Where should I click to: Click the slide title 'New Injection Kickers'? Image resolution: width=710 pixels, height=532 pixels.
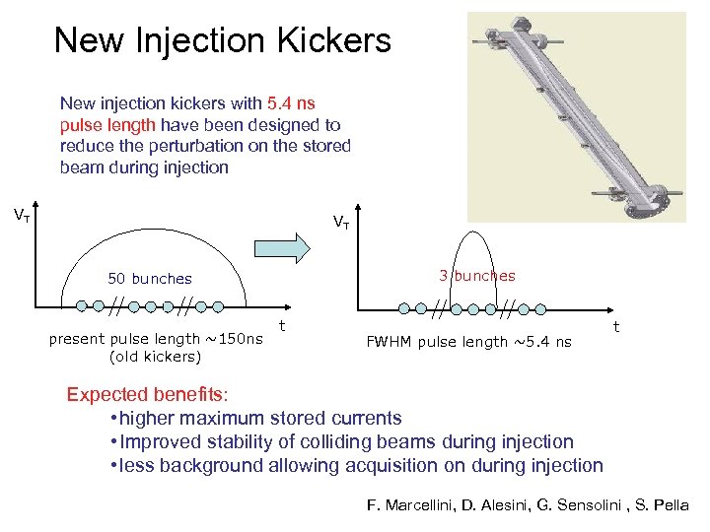click(x=222, y=40)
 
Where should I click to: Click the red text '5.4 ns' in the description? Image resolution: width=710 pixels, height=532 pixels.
click(x=291, y=102)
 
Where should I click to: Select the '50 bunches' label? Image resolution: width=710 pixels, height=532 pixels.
click(x=150, y=279)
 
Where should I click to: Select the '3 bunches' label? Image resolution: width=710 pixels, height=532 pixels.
click(x=477, y=276)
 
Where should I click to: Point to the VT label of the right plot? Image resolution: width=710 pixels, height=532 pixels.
click(x=340, y=222)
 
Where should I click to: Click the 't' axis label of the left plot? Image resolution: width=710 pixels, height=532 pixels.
click(x=282, y=324)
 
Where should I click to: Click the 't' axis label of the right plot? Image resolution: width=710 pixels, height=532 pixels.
click(x=616, y=325)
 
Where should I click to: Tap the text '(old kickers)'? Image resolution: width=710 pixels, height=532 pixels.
click(x=155, y=357)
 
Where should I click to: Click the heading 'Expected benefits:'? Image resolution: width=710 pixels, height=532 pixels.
click(x=147, y=395)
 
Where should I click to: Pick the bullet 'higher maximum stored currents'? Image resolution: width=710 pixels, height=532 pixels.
click(x=258, y=419)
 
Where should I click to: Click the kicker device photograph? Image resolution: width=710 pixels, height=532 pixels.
click(x=576, y=116)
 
